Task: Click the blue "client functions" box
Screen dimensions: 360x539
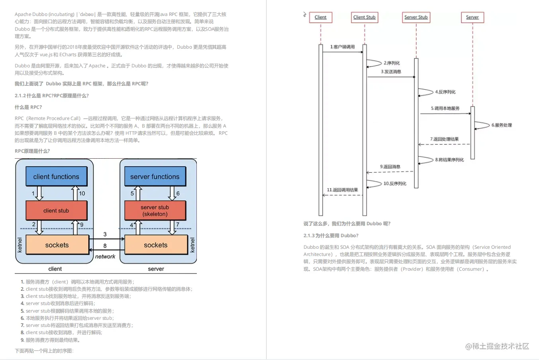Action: pyautogui.click(x=56, y=177)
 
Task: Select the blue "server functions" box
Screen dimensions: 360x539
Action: pyautogui.click(x=155, y=177)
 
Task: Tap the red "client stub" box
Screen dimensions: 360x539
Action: pyautogui.click(x=56, y=210)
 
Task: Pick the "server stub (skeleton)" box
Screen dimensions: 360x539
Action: pyautogui.click(x=155, y=210)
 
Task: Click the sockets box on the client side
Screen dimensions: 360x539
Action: pyautogui.click(x=57, y=245)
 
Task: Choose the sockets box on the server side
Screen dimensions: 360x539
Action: pyautogui.click(x=156, y=245)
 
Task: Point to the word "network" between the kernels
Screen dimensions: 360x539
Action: pyautogui.click(x=105, y=256)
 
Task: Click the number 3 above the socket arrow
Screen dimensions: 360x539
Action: pyautogui.click(x=105, y=234)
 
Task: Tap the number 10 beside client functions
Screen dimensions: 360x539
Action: pyautogui.click(x=82, y=193)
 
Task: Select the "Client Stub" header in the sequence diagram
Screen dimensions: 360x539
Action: pyautogui.click(x=365, y=17)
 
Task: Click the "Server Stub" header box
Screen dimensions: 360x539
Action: pyautogui.click(x=416, y=17)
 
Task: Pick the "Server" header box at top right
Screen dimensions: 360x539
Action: pyautogui.click(x=472, y=17)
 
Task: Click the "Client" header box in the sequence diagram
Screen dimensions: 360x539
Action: pyautogui.click(x=320, y=17)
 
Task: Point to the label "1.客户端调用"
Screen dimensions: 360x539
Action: pyautogui.click(x=342, y=47)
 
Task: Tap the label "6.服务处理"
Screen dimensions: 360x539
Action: pyautogui.click(x=502, y=125)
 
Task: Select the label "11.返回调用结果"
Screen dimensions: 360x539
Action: pyautogui.click(x=342, y=190)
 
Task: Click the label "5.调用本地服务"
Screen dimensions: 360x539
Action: pyautogui.click(x=445, y=108)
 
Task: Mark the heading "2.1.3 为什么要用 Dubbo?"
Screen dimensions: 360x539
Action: pyautogui.click(x=331, y=236)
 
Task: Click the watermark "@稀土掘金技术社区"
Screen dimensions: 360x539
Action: pyautogui.click(x=497, y=346)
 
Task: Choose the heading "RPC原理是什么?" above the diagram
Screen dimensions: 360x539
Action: pyautogui.click(x=32, y=151)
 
